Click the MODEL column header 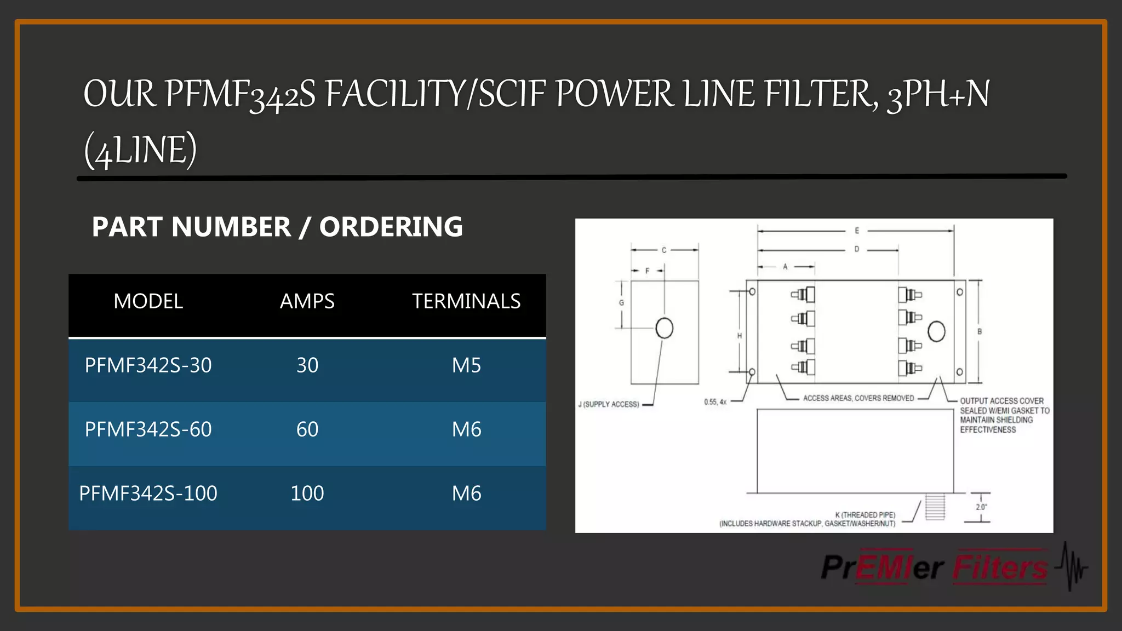148,301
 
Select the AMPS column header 307,301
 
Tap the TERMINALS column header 466,301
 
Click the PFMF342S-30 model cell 148,365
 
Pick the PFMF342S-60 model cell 148,429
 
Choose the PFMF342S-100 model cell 148,494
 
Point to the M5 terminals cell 466,365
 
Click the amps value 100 307,494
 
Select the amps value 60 307,429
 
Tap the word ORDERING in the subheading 391,227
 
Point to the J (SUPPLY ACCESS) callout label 609,404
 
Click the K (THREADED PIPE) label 865,515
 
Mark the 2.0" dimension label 981,507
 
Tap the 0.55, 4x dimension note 715,402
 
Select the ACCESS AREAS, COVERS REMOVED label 858,398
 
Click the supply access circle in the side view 664,328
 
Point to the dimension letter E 857,231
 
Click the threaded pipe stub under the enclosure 935,507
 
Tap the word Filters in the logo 1000,567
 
